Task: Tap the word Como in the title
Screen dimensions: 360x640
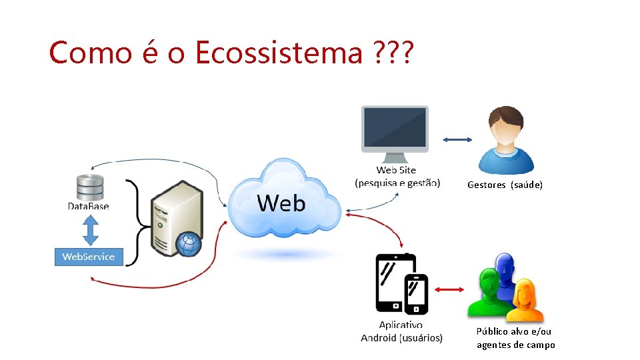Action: (91, 52)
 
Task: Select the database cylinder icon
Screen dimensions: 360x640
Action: (90, 187)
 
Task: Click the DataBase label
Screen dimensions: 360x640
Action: (89, 206)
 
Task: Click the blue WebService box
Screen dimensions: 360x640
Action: (89, 257)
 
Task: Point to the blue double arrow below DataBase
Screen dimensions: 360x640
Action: (89, 231)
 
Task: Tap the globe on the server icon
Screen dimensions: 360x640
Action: (188, 244)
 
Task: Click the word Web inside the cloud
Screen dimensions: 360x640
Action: (281, 203)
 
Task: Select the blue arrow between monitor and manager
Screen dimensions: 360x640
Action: (457, 139)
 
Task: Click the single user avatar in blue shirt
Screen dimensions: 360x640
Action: (506, 141)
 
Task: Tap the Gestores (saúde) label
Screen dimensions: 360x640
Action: (505, 185)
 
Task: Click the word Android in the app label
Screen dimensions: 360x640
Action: (379, 338)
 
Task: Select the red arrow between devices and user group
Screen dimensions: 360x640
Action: (449, 289)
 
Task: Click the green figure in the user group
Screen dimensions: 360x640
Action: (489, 294)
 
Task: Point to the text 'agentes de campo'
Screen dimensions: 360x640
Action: (515, 345)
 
